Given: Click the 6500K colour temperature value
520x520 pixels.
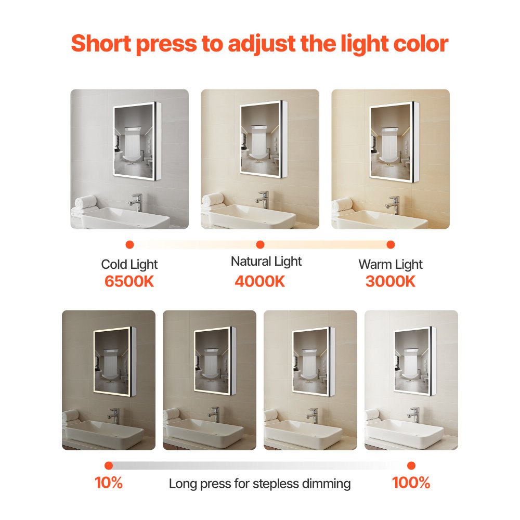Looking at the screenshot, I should point(129,282).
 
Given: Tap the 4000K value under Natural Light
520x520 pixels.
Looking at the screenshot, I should point(260,281).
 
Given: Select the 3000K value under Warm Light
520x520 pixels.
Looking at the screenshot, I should point(391,282).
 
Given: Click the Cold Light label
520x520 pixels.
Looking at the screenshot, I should point(129,265).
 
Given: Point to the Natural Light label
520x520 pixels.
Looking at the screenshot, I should point(266,261).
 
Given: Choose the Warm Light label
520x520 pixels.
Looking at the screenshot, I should point(391,265).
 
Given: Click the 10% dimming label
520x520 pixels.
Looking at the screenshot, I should point(109,483).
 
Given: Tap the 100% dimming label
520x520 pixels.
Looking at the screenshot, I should point(411,483).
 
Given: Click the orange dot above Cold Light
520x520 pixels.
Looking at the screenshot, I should point(130,244).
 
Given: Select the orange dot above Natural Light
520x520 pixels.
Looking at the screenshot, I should point(261,244).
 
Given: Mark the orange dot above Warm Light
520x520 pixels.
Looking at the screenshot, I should point(391,244).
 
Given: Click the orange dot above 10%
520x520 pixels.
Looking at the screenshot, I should point(109,465).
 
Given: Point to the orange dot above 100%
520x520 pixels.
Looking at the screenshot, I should point(411,465).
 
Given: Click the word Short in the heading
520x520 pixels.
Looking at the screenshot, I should point(99,44).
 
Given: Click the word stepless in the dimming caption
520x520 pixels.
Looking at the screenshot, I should point(274,484).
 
